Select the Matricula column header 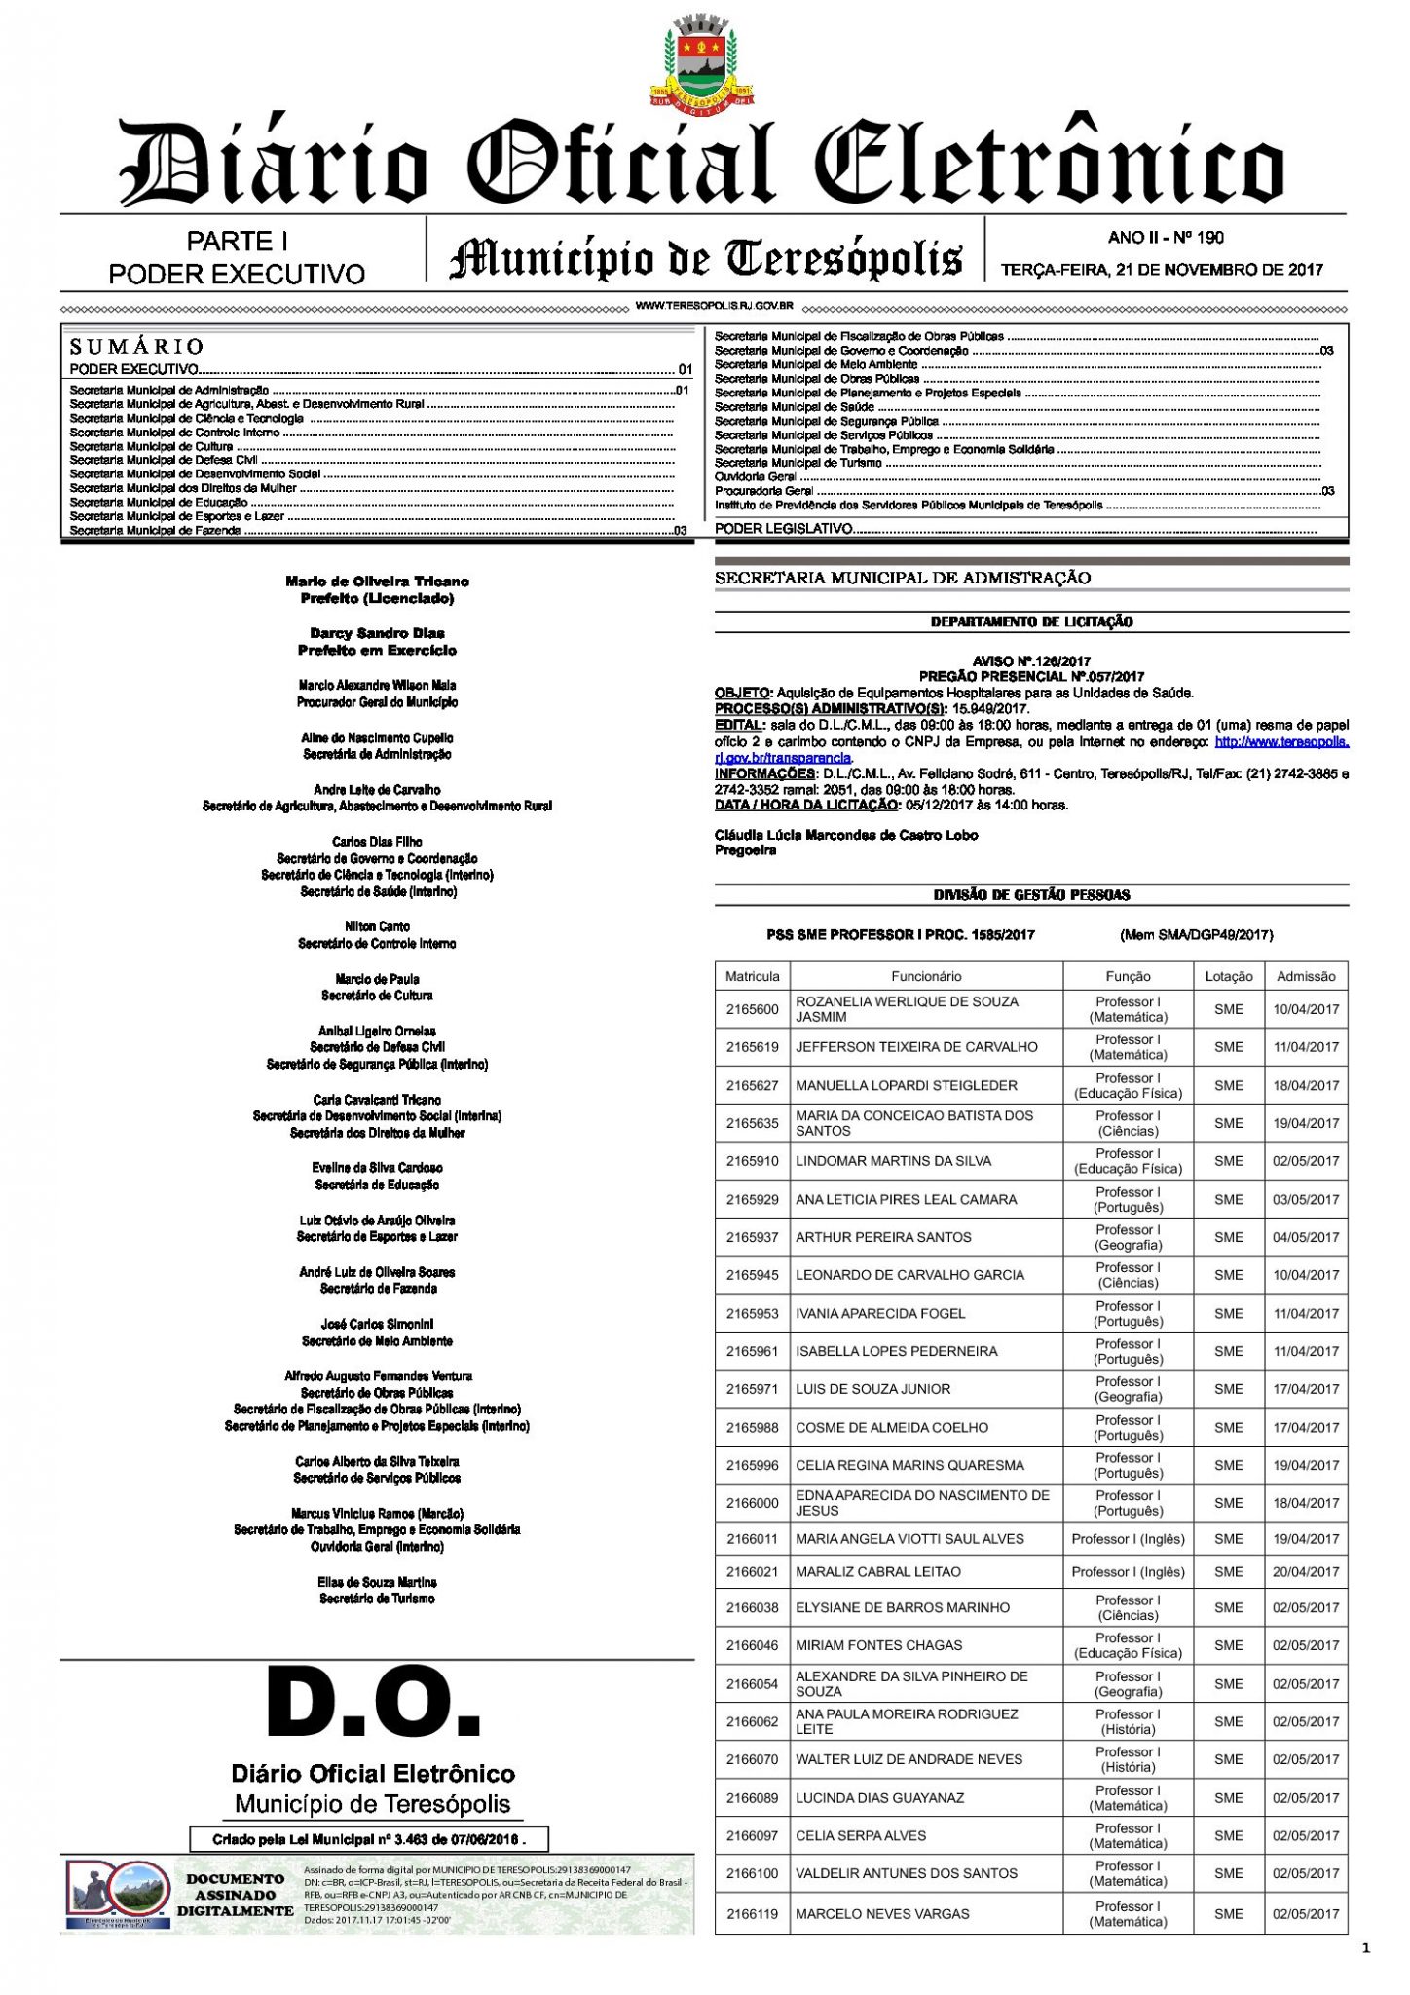pyautogui.click(x=752, y=976)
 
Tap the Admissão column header pyautogui.click(x=1306, y=976)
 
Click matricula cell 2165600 pyautogui.click(x=752, y=1009)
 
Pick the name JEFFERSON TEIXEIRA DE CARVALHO pyautogui.click(x=916, y=1047)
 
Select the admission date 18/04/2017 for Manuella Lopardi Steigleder pyautogui.click(x=1306, y=1085)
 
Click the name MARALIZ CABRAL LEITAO pyautogui.click(x=877, y=1571)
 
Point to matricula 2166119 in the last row pyautogui.click(x=752, y=1913)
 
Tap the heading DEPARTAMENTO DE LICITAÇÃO pyautogui.click(x=1031, y=621)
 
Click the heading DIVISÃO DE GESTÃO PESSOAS pyautogui.click(x=1031, y=894)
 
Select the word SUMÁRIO pyautogui.click(x=136, y=346)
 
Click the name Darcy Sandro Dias pyautogui.click(x=377, y=633)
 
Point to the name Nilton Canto pyautogui.click(x=377, y=926)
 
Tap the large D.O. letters pyautogui.click(x=374, y=1706)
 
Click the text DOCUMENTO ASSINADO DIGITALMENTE pyautogui.click(x=235, y=1895)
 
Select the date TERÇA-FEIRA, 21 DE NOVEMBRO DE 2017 pyautogui.click(x=1163, y=269)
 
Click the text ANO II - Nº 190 pyautogui.click(x=1166, y=237)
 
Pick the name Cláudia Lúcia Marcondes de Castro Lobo pyautogui.click(x=845, y=835)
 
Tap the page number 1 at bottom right pyautogui.click(x=1366, y=1948)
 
